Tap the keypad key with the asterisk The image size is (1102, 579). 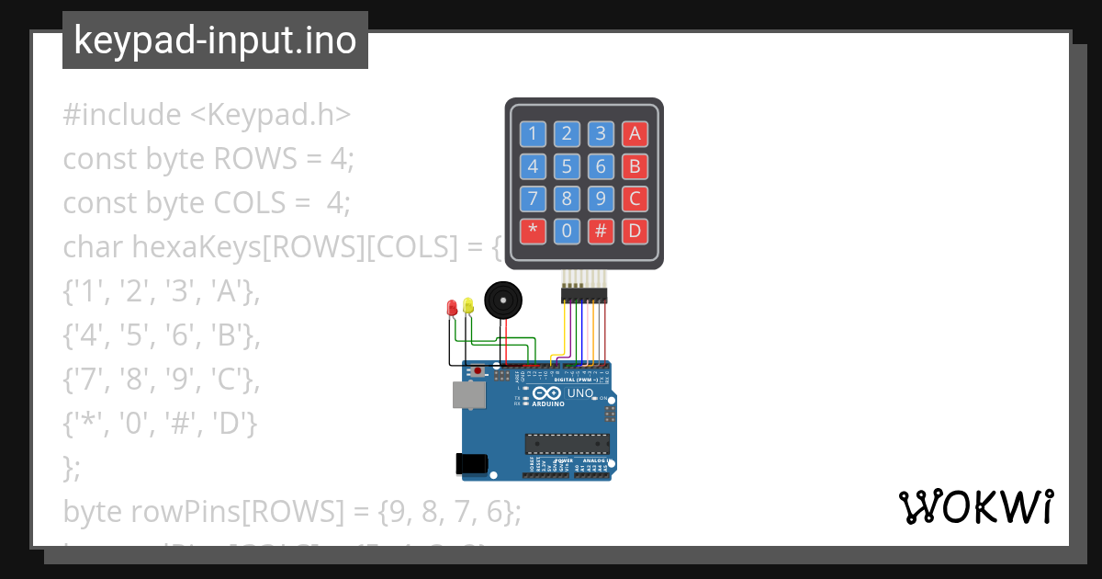click(533, 231)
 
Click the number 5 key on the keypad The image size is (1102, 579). click(567, 166)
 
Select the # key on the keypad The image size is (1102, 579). click(601, 231)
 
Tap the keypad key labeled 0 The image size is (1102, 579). click(567, 231)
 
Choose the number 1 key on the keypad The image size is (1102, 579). click(533, 134)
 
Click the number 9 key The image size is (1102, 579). click(601, 199)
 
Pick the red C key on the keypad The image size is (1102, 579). click(634, 199)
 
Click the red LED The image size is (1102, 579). click(451, 308)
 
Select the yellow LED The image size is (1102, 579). click(468, 305)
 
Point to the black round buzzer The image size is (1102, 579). click(501, 301)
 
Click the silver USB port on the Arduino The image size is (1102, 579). click(468, 394)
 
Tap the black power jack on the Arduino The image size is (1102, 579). click(471, 464)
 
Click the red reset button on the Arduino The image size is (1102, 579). click(478, 372)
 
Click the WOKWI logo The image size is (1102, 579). click(975, 506)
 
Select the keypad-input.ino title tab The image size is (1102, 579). click(215, 40)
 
